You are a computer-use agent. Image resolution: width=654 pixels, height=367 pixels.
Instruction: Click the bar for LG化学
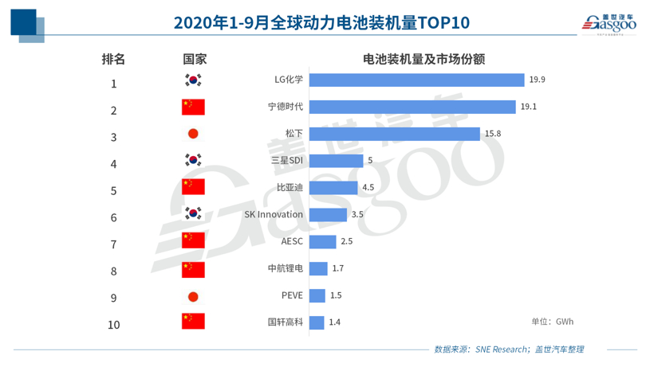[416, 80]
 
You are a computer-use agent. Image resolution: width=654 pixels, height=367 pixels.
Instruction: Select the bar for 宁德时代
[412, 107]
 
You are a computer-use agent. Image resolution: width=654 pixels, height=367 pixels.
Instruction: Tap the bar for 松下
[394, 134]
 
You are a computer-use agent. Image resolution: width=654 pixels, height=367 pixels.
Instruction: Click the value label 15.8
[492, 134]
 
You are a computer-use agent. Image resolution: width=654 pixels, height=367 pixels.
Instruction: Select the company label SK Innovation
[274, 215]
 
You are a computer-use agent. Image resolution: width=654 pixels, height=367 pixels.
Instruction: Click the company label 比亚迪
[290, 188]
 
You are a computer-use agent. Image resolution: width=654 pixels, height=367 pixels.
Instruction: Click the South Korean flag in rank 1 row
[193, 80]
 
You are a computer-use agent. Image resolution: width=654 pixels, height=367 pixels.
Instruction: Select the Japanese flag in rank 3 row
[193, 134]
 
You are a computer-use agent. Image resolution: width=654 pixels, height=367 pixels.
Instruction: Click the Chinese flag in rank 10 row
[193, 322]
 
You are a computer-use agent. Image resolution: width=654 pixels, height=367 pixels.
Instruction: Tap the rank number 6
[113, 217]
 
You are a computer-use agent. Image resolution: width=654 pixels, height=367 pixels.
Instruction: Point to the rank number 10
[113, 325]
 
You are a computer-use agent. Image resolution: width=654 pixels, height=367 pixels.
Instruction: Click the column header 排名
[113, 59]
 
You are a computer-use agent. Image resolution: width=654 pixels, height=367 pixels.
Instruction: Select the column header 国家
[194, 59]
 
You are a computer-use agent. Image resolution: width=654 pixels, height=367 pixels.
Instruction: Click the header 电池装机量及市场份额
[424, 59]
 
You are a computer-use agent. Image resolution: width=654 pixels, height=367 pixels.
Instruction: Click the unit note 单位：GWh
[552, 322]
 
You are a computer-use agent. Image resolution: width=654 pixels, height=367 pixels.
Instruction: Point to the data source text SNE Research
[500, 349]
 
